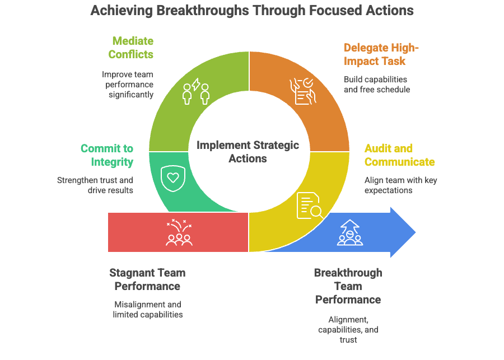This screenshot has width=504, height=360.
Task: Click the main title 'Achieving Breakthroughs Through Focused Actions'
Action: pos(252,11)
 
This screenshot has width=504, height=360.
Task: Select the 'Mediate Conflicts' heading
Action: pos(133,48)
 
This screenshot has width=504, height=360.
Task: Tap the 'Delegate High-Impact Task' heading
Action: pos(381,54)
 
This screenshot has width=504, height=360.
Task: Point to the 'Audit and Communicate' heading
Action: pos(399,155)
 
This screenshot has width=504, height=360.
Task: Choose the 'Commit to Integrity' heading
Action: pos(106,155)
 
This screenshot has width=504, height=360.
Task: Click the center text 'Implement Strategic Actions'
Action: pos(248,152)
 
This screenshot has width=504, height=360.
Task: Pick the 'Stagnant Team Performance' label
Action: pos(147,279)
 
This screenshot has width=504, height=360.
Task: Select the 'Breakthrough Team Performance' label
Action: pos(348,286)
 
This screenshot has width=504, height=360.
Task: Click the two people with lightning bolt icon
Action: pos(196,93)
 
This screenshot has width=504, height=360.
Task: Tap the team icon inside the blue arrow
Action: pos(350,232)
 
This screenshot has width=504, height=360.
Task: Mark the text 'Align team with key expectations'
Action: pos(400,185)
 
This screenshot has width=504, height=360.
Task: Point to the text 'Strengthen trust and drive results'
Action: pos(95,185)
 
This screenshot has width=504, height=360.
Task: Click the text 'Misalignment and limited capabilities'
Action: pos(147,309)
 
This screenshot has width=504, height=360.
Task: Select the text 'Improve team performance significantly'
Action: pos(127,84)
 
